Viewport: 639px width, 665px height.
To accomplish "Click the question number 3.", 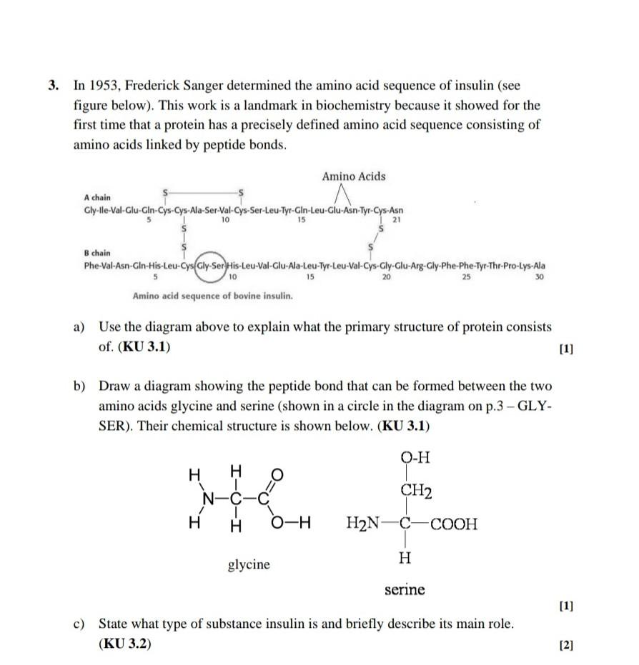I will (54, 86).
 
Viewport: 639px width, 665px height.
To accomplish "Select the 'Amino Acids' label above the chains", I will (353, 176).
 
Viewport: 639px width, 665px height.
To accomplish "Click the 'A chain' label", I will (97, 196).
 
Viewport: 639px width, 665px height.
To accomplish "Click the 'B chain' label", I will (97, 253).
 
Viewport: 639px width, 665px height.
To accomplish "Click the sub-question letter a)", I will (79, 327).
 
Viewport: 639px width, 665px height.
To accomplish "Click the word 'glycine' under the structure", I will (249, 564).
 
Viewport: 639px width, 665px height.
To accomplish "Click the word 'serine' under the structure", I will (405, 589).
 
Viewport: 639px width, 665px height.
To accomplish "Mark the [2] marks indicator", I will (567, 644).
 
